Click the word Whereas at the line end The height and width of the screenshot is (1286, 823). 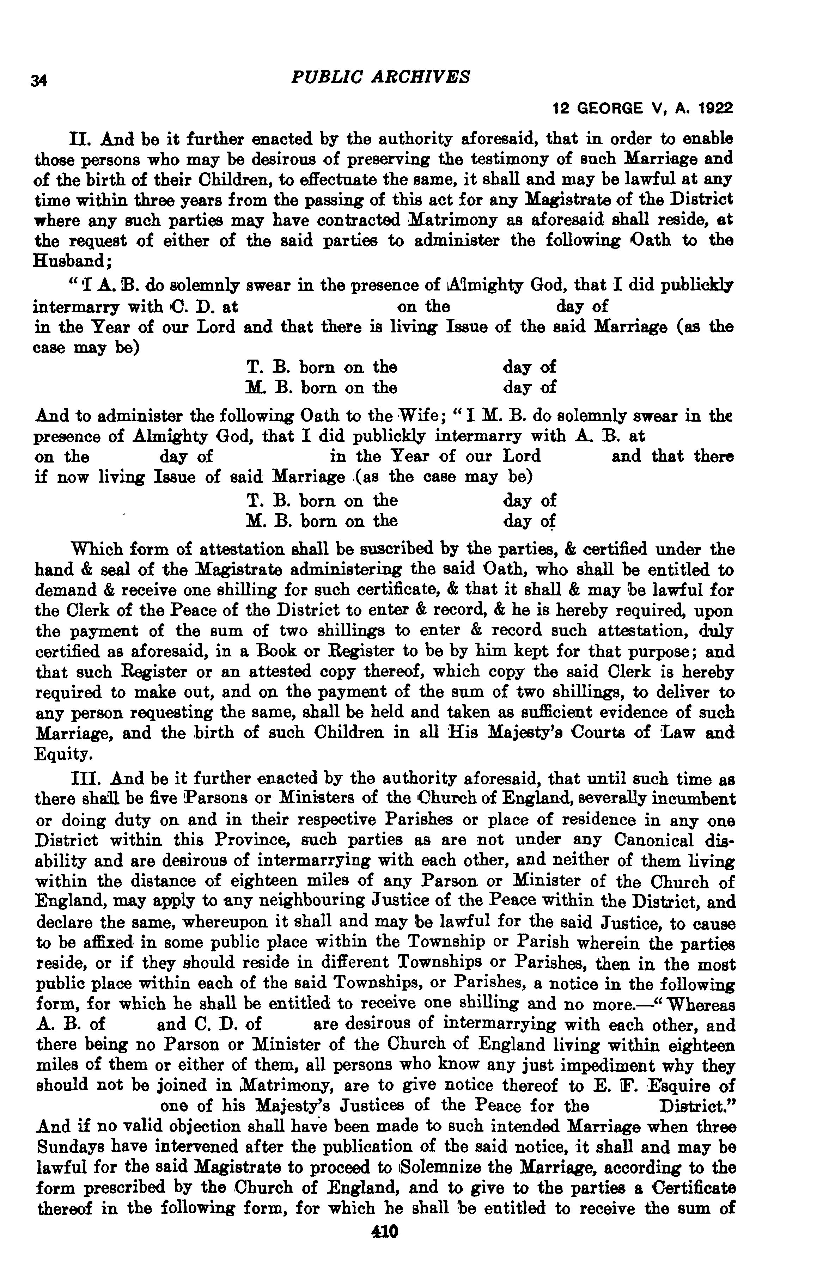[700, 1005]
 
